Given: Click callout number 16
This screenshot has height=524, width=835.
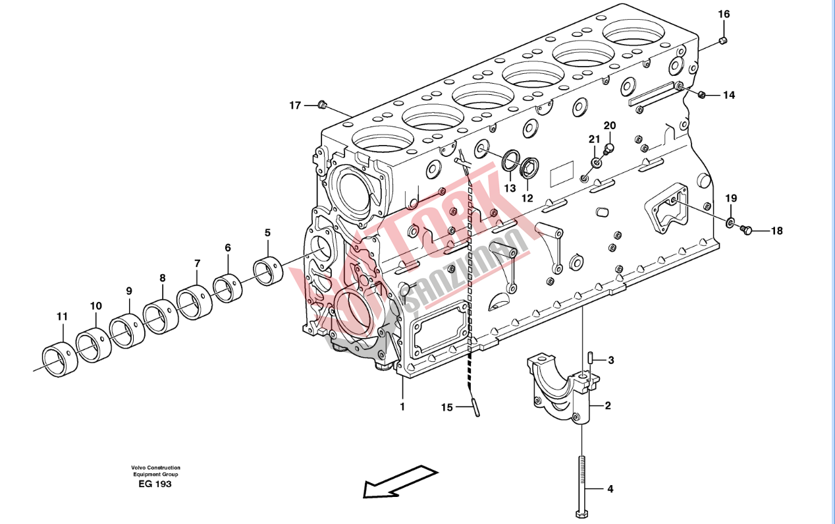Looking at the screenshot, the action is [724, 15].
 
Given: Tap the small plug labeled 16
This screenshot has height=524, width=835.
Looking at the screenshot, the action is [723, 40].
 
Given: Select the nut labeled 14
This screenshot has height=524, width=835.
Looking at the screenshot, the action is [701, 94].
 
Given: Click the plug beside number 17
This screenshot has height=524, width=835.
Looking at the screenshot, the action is [322, 105].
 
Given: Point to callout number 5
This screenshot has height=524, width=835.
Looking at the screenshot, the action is [267, 233].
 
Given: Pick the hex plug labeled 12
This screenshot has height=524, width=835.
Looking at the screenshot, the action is [529, 168].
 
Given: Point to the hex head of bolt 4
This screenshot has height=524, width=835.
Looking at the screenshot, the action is [581, 514].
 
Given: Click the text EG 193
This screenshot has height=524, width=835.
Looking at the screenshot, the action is [155, 484].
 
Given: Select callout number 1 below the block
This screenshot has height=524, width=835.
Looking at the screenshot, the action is [402, 407].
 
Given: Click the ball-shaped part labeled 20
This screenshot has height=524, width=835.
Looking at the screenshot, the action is [608, 148].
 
